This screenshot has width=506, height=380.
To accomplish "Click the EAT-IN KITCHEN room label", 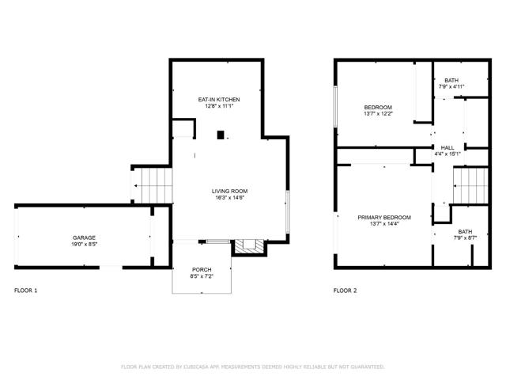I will click(219, 99).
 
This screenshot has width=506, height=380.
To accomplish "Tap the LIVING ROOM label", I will click(229, 191).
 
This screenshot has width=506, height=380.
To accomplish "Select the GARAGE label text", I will click(85, 237).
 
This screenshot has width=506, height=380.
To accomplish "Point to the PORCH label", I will click(202, 270).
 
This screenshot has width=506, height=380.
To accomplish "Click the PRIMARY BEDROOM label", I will click(383, 217).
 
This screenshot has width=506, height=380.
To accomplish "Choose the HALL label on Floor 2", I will click(447, 147).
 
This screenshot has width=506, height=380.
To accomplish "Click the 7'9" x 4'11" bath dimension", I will click(451, 86).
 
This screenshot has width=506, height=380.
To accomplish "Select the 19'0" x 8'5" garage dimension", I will click(85, 245).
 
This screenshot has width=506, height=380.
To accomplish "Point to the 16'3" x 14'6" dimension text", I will click(229, 198).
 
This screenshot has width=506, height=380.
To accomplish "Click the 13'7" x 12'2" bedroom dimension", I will click(378, 114).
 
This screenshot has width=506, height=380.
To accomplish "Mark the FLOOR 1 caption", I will click(25, 291).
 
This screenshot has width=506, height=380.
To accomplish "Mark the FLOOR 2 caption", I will click(345, 291).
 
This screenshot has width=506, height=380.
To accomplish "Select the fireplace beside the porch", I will click(248, 246).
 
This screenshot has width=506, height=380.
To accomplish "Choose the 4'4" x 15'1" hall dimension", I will click(447, 154).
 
